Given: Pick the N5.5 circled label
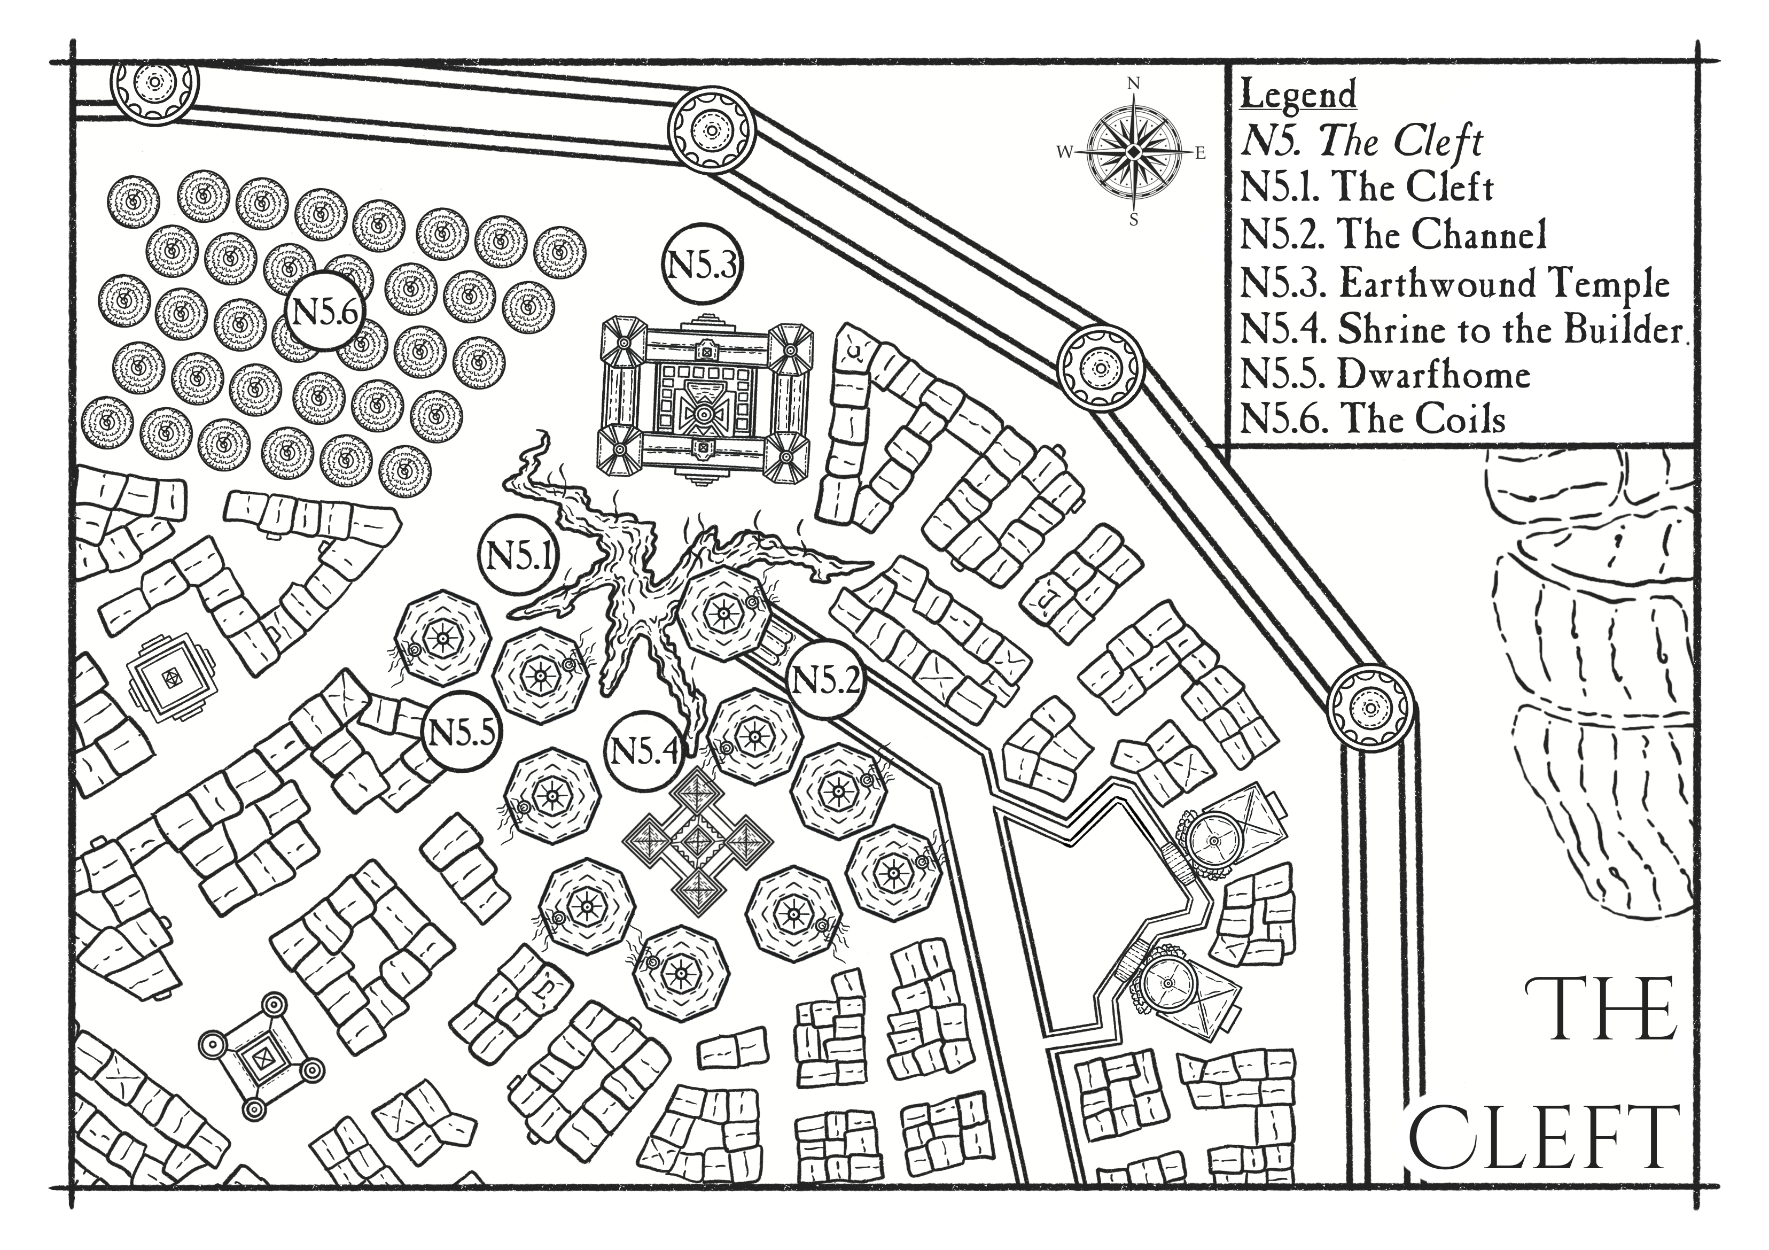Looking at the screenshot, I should pos(462,733).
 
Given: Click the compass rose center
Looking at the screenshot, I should pos(1133,153).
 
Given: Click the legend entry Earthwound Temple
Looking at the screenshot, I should pos(1455,284).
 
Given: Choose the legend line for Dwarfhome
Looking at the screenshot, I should pos(1384,375).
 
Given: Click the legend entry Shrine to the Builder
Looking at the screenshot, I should pos(1462,330).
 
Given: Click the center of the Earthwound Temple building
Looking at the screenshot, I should pos(703,414).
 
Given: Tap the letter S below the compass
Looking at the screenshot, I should pos(1133,220).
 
